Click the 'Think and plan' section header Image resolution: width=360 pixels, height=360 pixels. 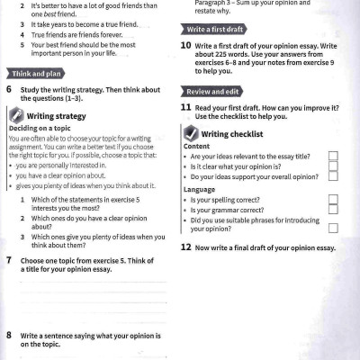(x=34, y=72)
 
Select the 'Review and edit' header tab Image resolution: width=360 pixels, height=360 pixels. (x=212, y=92)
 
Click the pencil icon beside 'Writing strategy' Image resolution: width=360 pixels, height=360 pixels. (x=15, y=116)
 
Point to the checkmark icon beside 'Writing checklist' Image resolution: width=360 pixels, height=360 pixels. (x=190, y=134)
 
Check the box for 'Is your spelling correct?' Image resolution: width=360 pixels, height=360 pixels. (x=333, y=199)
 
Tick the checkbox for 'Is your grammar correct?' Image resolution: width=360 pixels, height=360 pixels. (x=333, y=210)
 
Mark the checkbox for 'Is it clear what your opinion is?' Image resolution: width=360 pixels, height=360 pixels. (x=333, y=166)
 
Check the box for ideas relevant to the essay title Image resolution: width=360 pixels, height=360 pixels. (x=333, y=156)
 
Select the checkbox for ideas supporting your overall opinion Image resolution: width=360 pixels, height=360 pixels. (x=333, y=175)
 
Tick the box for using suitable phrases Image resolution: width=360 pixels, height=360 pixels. (x=333, y=223)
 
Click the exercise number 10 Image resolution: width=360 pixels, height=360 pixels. (x=185, y=44)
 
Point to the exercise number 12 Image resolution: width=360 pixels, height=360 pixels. (x=185, y=247)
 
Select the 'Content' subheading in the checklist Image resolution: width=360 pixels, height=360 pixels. (x=196, y=146)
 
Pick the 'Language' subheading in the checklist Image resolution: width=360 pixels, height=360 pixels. (x=199, y=189)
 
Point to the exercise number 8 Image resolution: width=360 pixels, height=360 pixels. (x=9, y=334)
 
